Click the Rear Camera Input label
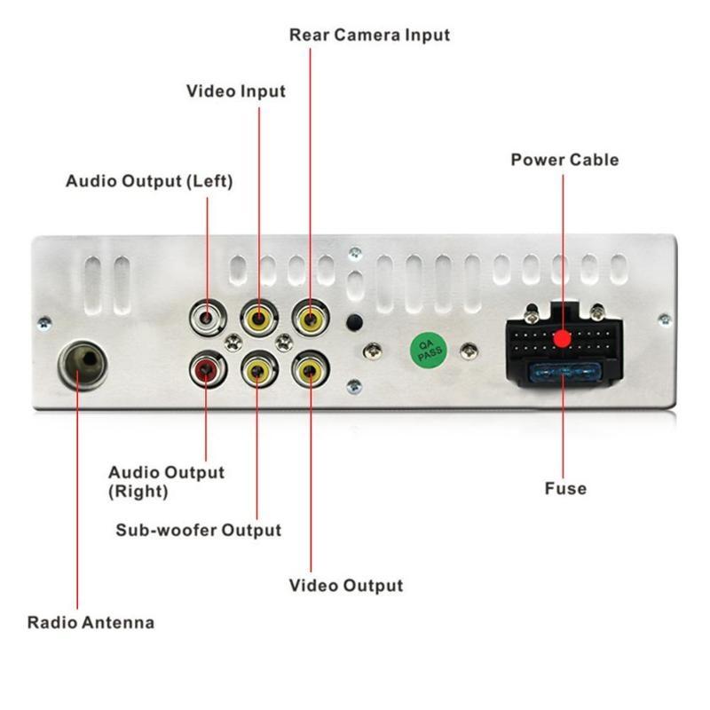click(370, 35)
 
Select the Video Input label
click(236, 91)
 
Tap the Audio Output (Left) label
click(149, 181)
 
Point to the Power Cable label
click(564, 160)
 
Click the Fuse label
click(565, 488)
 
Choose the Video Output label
click(346, 586)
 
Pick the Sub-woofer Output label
click(199, 531)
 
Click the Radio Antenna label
click(91, 622)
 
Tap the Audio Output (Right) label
click(166, 481)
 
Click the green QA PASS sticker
click(426, 348)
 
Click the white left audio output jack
click(207, 316)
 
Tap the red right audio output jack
click(207, 367)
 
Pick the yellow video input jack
click(258, 316)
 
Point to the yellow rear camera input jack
click(310, 316)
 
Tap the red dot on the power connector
click(562, 338)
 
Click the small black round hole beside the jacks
click(354, 323)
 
